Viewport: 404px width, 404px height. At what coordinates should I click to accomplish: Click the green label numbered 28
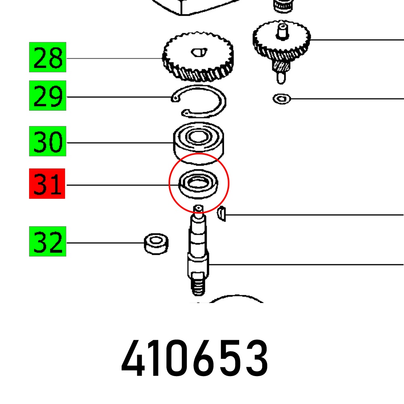coord(48,57)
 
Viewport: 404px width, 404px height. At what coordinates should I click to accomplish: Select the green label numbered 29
coord(48,96)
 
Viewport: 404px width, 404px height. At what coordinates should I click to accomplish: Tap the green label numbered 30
coord(48,141)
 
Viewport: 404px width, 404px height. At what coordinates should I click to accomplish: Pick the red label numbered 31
coord(47,184)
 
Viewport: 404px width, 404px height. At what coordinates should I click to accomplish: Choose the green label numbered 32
coord(48,242)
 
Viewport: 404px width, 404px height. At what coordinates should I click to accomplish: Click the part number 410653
coord(195,358)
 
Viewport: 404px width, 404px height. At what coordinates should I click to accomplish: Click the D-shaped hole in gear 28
coord(199,52)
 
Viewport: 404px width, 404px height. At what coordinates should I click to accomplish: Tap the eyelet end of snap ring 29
coord(175,98)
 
